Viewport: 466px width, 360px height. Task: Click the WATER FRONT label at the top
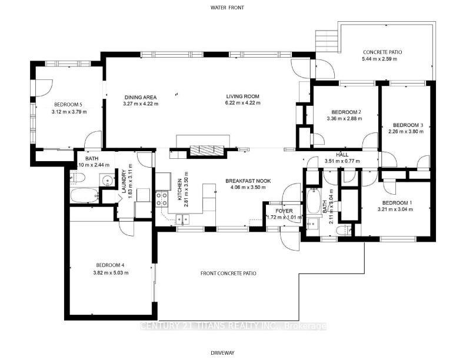click(227, 8)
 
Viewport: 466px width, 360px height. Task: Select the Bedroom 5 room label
click(67, 105)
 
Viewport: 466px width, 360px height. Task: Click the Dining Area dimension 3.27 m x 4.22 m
click(141, 104)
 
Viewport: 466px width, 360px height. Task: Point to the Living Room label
click(243, 96)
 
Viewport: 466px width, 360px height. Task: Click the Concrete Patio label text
click(382, 52)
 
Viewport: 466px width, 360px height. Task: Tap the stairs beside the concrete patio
click(325, 41)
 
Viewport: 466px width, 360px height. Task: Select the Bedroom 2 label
click(345, 112)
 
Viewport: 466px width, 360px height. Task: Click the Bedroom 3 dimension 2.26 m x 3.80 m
click(405, 132)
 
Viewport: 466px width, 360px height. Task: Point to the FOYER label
click(275, 209)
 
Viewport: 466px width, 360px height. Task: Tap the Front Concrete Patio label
click(228, 273)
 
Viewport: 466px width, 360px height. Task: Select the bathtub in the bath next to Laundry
click(84, 195)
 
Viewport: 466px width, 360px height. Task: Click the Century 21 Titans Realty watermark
click(233, 326)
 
